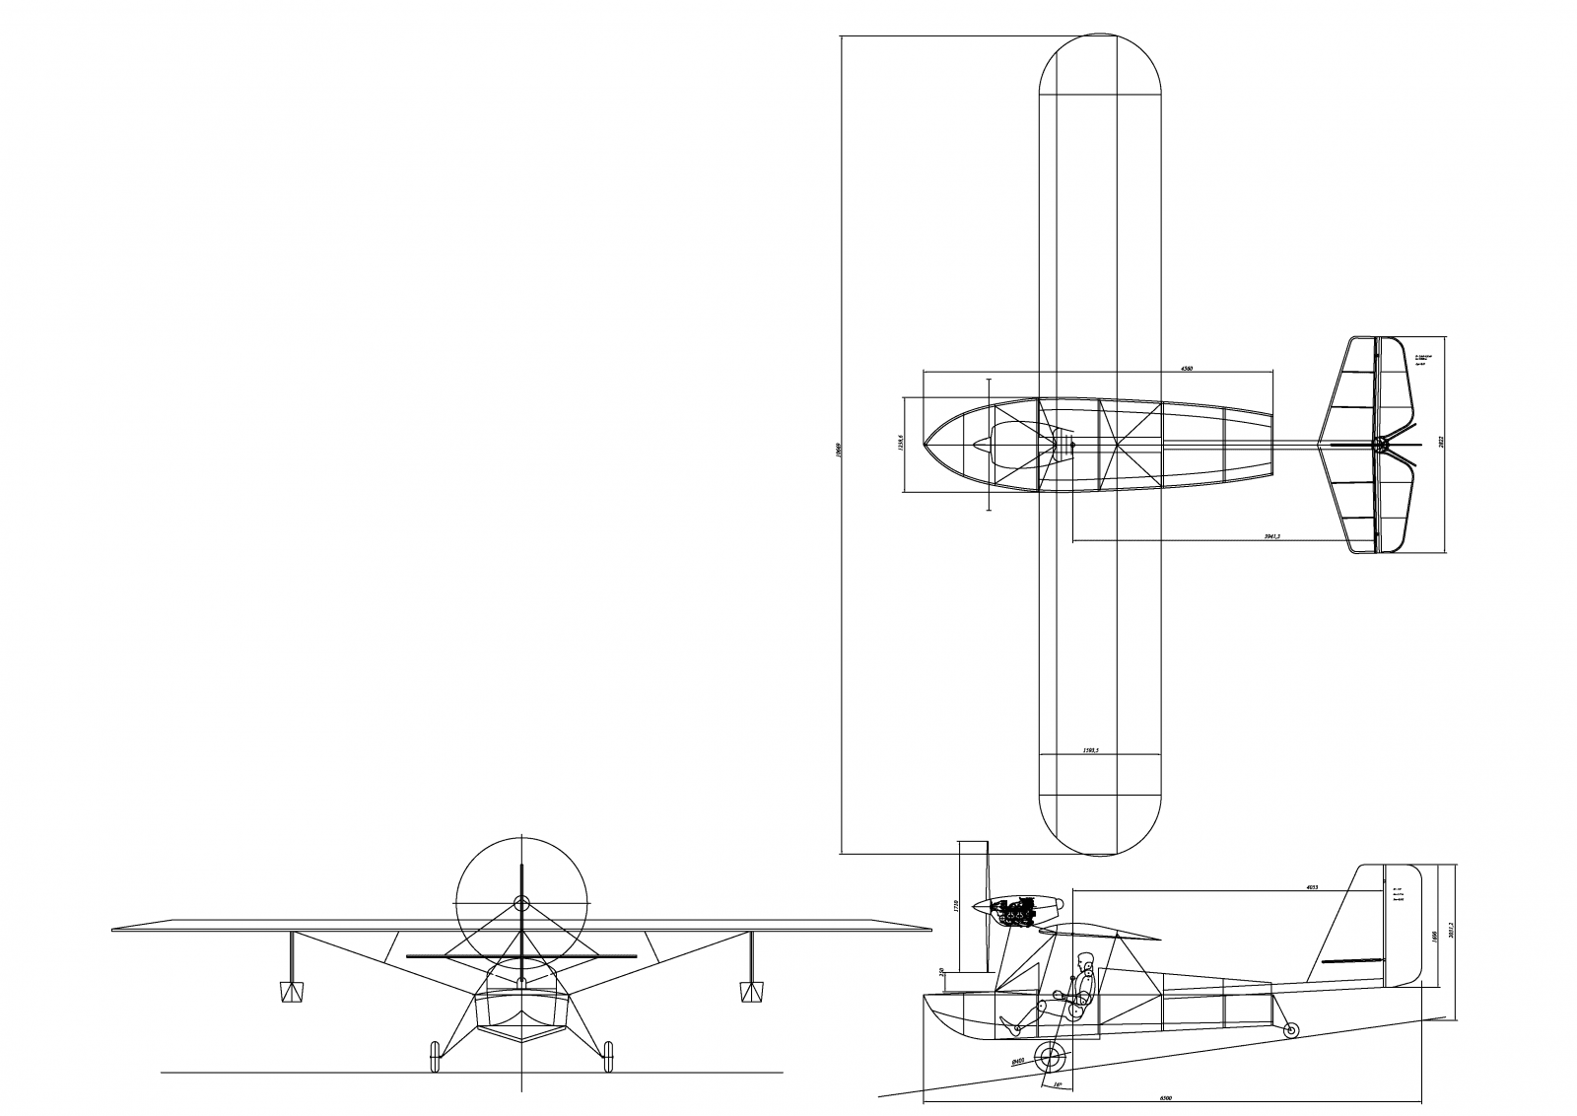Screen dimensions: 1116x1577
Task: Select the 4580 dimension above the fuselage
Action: point(1187,369)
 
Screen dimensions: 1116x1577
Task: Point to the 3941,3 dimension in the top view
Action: point(1270,536)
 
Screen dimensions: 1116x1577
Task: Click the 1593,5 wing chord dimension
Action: point(1090,751)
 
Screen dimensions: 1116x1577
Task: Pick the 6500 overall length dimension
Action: point(1165,1097)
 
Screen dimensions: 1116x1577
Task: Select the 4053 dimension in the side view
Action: point(1311,887)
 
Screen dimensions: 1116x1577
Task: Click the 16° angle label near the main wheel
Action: point(1058,1084)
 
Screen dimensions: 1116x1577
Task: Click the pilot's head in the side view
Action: point(1085,960)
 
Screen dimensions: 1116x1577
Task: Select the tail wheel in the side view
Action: point(1291,1030)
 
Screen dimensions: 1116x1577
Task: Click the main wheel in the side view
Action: point(1053,1060)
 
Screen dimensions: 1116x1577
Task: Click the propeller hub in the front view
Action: point(521,902)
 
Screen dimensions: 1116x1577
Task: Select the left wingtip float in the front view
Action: point(292,991)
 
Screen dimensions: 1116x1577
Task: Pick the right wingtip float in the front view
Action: point(751,991)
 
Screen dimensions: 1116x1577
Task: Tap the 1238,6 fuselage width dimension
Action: point(900,444)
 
